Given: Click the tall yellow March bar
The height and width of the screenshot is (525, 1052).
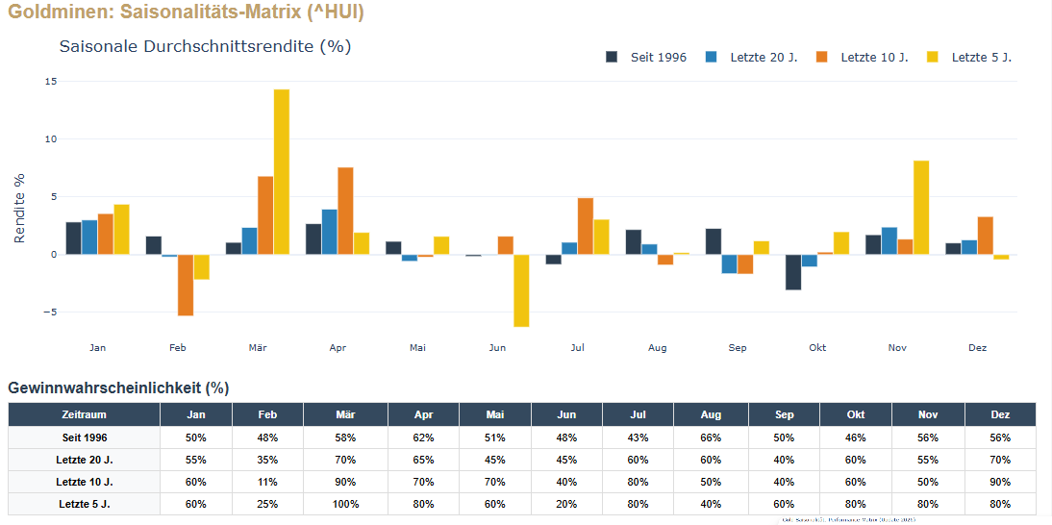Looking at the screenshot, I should click(281, 172).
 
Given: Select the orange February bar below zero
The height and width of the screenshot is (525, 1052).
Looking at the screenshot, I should click(186, 285).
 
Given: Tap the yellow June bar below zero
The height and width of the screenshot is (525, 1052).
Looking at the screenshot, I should click(521, 290).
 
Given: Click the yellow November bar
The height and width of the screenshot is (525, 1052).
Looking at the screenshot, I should click(921, 208).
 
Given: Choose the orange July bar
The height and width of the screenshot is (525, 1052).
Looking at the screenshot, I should click(586, 226).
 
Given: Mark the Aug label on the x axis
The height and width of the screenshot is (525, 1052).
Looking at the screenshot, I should click(658, 348).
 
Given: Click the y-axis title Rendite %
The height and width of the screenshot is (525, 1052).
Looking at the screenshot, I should click(20, 208).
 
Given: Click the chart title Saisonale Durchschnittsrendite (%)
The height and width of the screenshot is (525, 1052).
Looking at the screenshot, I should click(205, 46).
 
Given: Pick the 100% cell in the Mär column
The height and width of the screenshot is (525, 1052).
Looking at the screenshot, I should click(345, 504).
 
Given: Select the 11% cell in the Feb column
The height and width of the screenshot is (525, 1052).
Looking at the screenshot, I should click(267, 482).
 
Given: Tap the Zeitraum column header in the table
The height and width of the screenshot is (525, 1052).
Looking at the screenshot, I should click(84, 414).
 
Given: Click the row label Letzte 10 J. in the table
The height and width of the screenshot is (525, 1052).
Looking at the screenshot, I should click(84, 482).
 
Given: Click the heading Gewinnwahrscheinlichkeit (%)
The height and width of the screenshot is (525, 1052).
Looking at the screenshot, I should click(118, 387).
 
